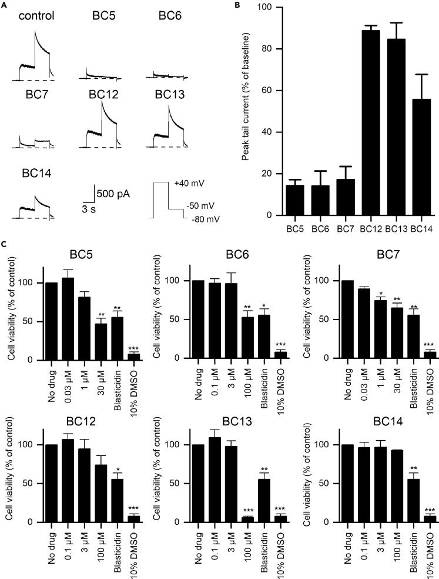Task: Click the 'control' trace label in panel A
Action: tap(36, 15)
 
